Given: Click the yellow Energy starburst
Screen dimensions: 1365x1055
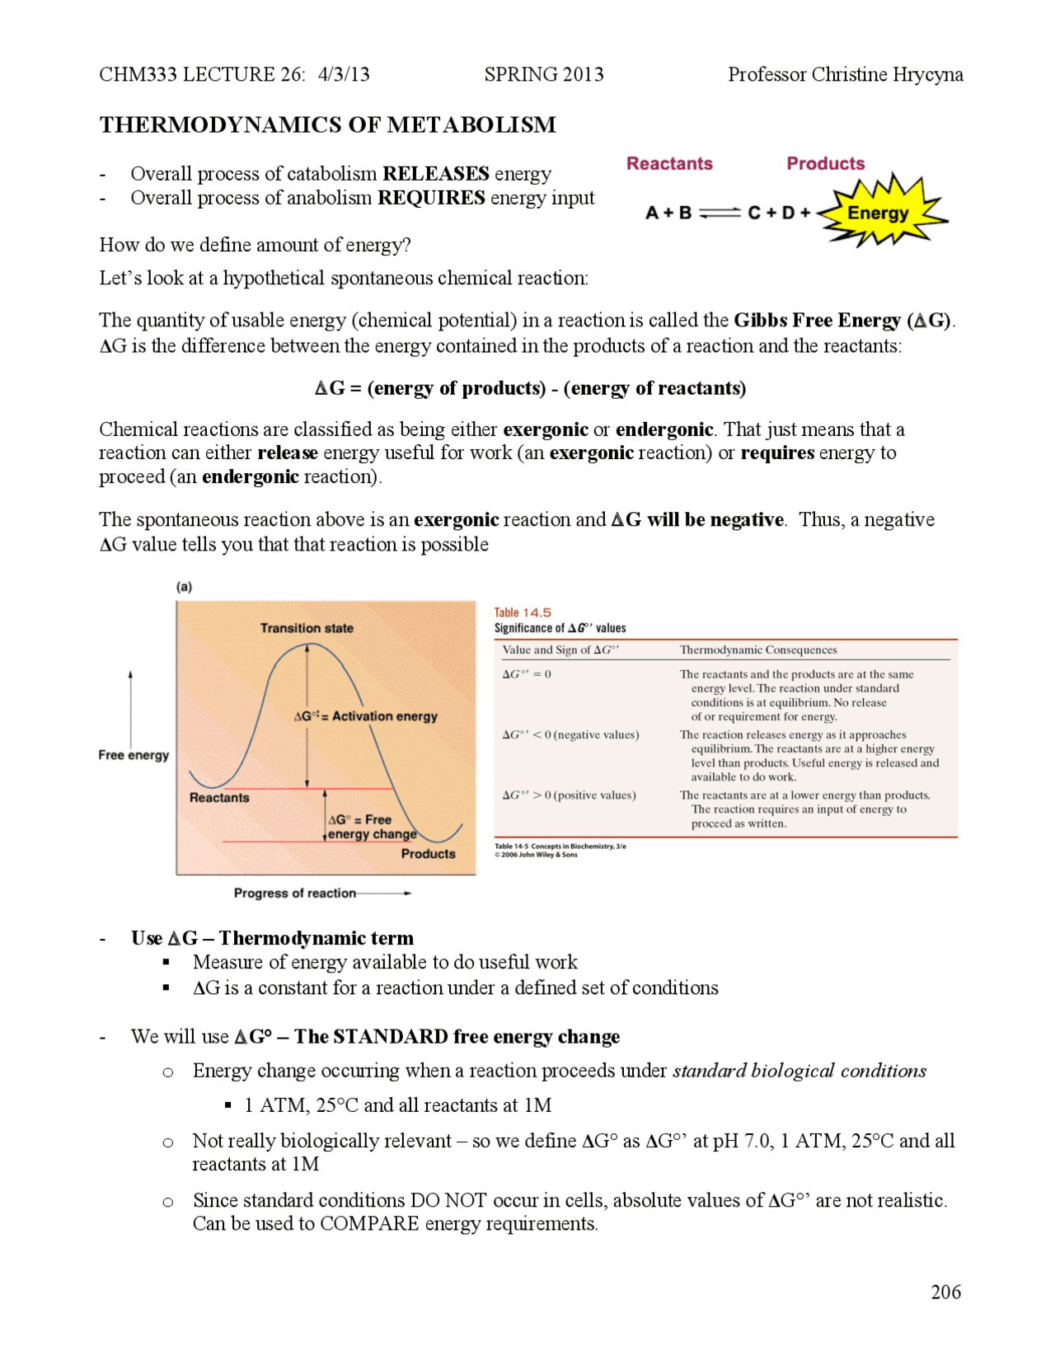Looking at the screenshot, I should point(879,213).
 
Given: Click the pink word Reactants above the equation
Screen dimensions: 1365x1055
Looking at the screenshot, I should point(669,163).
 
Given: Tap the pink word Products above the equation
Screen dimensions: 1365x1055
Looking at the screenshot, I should point(825,163).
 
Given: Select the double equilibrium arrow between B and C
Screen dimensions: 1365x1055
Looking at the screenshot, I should point(720,213).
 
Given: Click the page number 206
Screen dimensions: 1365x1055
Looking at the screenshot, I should point(945,1292).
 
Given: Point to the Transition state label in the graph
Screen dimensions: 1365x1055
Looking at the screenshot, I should point(307,628).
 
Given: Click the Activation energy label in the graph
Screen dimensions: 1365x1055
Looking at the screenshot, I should point(366,716).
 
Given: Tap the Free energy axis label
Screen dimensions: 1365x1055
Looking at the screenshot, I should point(134,755).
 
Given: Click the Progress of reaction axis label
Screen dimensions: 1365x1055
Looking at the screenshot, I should point(295,893).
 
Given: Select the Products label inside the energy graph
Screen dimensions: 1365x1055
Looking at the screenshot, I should point(428,854).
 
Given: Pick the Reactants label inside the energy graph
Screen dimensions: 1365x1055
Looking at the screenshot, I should point(219,798).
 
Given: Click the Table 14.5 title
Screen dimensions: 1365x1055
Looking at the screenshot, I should point(523,612).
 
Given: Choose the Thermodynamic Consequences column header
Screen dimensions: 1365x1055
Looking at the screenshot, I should point(757,650).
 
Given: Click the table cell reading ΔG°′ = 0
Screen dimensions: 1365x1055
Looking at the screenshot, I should point(527,674).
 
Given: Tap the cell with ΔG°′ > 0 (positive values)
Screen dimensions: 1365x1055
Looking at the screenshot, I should point(569,795).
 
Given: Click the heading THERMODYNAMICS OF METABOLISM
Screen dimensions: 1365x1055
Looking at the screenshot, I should point(327,125).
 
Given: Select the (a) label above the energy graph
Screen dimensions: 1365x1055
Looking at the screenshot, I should point(184,587).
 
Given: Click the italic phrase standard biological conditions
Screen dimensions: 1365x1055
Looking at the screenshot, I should point(799,1071).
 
